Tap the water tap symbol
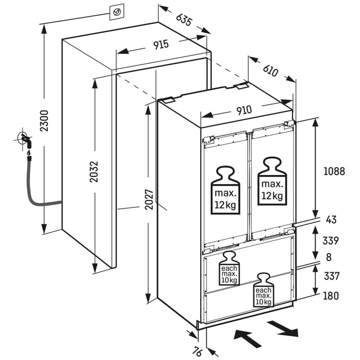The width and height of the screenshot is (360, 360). pyautogui.click(x=25, y=140)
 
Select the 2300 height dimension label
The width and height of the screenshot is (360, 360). pyautogui.click(x=44, y=121)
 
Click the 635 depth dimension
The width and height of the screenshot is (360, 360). pyautogui.click(x=184, y=20)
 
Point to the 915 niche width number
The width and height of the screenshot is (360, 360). pyautogui.click(x=161, y=44)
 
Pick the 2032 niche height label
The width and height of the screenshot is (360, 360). pyautogui.click(x=94, y=172)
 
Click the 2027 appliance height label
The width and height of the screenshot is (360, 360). pyautogui.click(x=149, y=199)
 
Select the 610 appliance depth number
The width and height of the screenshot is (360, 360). pyautogui.click(x=270, y=70)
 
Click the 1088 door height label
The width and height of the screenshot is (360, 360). pyautogui.click(x=334, y=171)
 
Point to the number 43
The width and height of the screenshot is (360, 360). pyautogui.click(x=331, y=220)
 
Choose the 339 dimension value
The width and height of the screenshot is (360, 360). pyautogui.click(x=331, y=241)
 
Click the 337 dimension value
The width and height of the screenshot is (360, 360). pyautogui.click(x=332, y=276)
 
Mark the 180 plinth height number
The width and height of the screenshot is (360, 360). pyautogui.click(x=331, y=296)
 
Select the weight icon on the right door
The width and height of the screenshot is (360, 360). pyautogui.click(x=272, y=181)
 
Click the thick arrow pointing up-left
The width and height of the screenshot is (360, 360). pyautogui.click(x=247, y=339)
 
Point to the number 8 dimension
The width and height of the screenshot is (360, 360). pyautogui.click(x=329, y=257)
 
